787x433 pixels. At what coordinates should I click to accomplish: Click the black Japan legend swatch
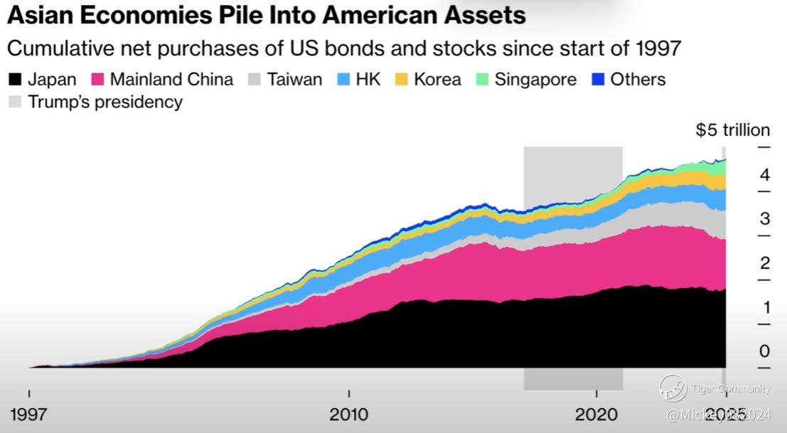pos(16,79)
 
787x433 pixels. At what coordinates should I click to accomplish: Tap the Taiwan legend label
pos(294,79)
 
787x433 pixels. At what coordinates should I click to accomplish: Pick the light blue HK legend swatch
pos(346,79)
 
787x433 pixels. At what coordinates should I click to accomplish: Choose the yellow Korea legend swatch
pos(402,79)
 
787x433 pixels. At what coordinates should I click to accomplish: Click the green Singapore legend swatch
pos(483,79)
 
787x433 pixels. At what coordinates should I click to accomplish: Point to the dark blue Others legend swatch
pos(599,79)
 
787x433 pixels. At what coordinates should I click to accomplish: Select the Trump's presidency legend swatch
pos(16,102)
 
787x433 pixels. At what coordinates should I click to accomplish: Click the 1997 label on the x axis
pos(30,415)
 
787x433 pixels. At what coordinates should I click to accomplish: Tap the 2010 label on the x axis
pos(348,415)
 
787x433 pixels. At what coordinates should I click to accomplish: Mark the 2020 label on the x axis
pos(596,415)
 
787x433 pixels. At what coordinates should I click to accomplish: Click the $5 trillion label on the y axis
pos(733,130)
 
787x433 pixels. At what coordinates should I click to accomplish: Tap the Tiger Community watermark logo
pos(673,388)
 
